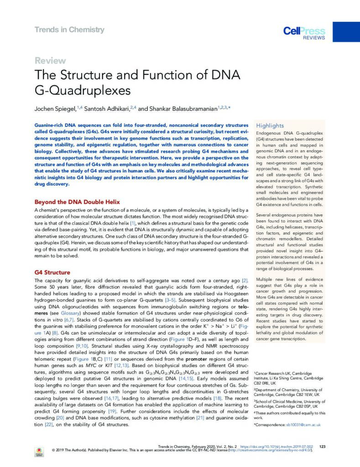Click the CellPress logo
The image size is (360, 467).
coord(304,32)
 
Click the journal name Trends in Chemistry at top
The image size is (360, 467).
coord(69,30)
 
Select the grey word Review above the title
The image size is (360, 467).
coord(50,61)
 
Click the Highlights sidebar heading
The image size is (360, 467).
coord(270,125)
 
